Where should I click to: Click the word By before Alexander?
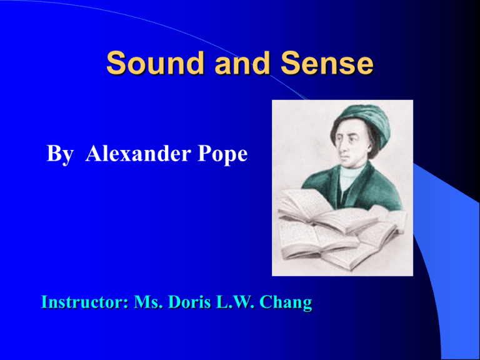pos(61,154)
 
